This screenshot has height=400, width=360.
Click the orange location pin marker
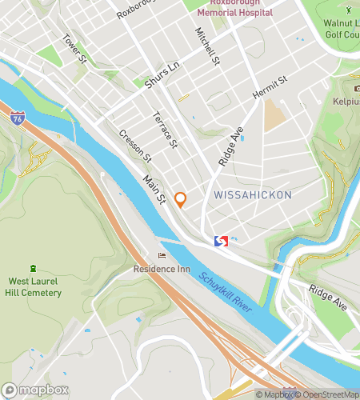[181, 199]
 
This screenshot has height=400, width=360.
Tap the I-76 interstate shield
[18, 118]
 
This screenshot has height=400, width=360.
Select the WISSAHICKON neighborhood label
[252, 195]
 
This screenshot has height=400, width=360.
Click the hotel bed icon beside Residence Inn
[163, 256]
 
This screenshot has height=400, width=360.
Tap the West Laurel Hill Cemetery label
[34, 287]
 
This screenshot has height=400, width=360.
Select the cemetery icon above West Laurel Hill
[33, 267]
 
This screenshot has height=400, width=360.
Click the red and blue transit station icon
[222, 241]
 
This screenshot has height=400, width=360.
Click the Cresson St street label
[134, 145]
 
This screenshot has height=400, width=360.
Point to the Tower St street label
[74, 50]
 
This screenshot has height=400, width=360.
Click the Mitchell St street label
[207, 46]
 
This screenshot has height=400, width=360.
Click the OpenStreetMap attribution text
[328, 394]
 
